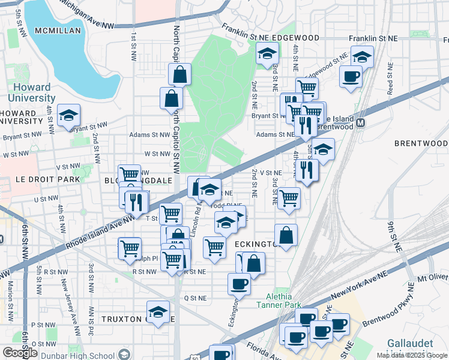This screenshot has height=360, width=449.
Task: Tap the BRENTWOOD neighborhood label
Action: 421,143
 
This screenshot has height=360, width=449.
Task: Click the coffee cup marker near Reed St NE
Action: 351,76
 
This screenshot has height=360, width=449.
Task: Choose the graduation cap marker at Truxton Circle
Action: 158,312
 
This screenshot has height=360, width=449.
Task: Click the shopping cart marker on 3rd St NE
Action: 289,197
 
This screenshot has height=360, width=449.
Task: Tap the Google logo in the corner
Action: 20,352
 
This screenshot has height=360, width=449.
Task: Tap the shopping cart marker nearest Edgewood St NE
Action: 307,88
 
